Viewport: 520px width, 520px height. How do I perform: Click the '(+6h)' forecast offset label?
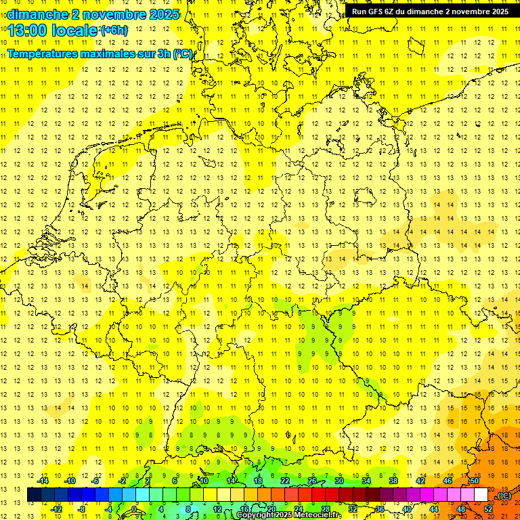113,30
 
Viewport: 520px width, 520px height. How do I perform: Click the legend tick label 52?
488,508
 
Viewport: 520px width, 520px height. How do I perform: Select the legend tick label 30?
339,481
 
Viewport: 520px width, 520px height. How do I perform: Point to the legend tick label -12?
57,508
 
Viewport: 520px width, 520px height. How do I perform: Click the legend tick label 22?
285,481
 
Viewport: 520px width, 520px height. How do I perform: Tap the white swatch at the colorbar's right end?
481,495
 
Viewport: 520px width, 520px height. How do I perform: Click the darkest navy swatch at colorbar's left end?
34,495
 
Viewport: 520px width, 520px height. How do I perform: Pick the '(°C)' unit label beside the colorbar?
504,496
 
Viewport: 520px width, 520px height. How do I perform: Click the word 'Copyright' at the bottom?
255,515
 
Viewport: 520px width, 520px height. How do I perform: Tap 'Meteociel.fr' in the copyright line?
318,515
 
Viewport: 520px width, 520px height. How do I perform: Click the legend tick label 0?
134,508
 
